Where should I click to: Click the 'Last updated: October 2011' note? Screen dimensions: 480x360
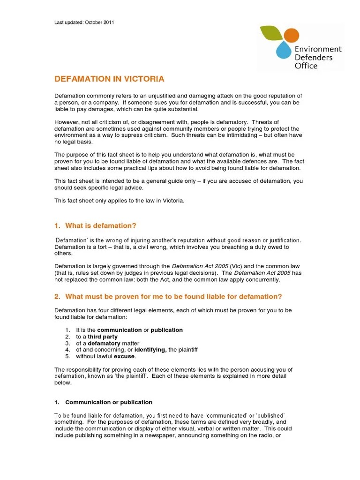[84, 22]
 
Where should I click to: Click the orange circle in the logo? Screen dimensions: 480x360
[291, 35]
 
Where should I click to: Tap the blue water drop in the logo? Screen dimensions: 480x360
[283, 50]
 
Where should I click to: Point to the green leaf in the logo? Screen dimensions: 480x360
[271, 33]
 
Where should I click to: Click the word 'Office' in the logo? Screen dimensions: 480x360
[306, 66]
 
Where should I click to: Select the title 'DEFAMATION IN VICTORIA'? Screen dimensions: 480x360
[109, 79]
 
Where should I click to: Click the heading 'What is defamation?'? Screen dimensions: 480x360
[100, 226]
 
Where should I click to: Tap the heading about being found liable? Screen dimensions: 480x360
[173, 297]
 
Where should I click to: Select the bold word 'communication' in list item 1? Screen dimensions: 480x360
[119, 330]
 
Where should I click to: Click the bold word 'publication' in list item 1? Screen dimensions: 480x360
[166, 330]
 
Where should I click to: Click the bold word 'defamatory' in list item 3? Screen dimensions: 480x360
[104, 343]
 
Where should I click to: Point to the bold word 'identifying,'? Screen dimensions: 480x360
[150, 350]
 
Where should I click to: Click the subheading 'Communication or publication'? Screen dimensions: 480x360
[108, 402]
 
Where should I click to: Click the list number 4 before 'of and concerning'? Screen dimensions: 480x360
[67, 350]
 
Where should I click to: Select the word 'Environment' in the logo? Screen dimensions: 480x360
[318, 49]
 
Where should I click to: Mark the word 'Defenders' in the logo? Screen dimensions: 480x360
[313, 58]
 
